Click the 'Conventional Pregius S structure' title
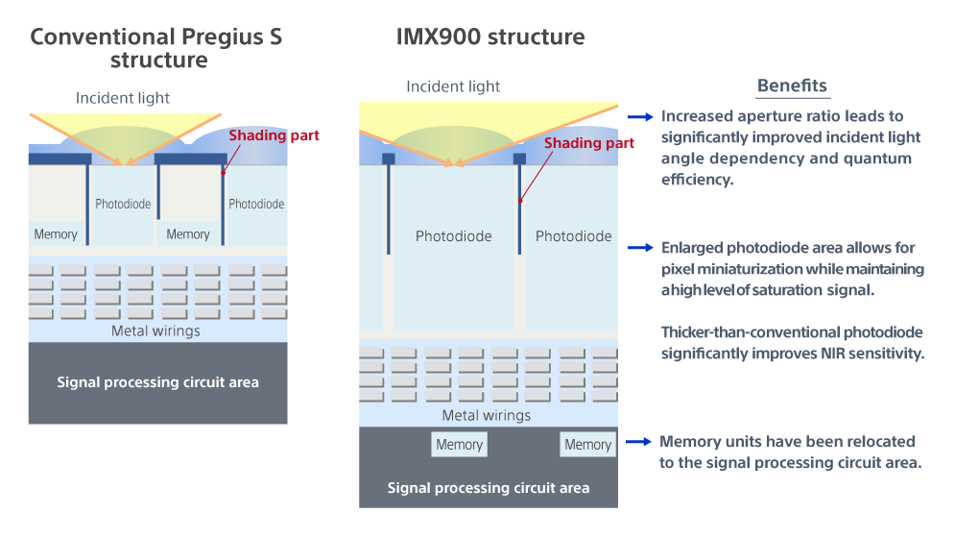(156, 48)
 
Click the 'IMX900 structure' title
(490, 37)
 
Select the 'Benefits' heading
(792, 86)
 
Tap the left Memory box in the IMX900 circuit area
(459, 444)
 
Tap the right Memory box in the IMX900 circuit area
(587, 444)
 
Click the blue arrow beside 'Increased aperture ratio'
(640, 116)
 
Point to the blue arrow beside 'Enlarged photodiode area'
(640, 248)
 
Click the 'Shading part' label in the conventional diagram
(274, 136)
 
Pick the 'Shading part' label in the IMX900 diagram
(589, 143)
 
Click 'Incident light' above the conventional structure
(123, 98)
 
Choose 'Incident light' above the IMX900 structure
(453, 86)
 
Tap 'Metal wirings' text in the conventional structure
(155, 331)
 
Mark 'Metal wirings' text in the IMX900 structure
(487, 416)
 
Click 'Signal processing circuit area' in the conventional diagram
(157, 382)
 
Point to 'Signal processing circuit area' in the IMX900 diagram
(489, 488)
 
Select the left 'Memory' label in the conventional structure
(56, 234)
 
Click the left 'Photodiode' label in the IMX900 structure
(453, 236)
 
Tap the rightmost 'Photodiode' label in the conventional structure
(256, 204)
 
